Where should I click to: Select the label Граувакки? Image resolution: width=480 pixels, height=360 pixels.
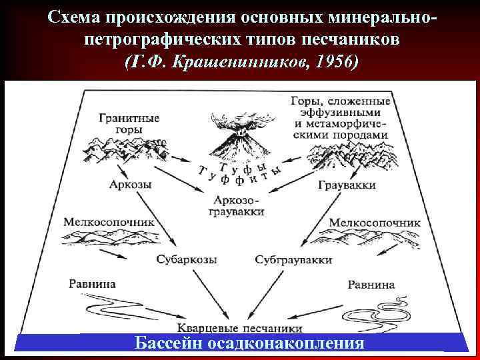pos(347,185)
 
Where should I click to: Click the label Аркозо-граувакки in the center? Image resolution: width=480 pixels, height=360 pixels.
pos(239,205)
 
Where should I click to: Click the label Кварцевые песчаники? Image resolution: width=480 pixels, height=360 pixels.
pos(240,328)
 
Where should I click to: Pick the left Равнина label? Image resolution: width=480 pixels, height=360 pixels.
pos(92,284)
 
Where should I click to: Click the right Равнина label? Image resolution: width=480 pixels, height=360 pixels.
pos(371,285)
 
